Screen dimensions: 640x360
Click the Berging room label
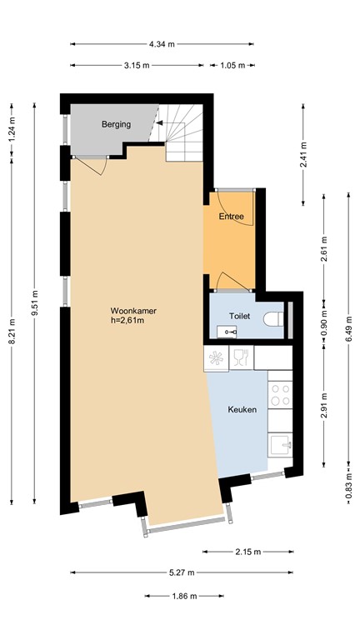pos(116,125)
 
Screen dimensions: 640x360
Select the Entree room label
pos(231,217)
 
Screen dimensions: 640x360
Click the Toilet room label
pos(241,317)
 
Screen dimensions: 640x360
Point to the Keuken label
pos(242,409)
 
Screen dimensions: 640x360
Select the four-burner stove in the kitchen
pos(279,393)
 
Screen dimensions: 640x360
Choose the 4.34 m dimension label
pos(162,43)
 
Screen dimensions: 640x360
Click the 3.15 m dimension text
pos(136,65)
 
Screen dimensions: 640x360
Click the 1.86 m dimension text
pos(184,596)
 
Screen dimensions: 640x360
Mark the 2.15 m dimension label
pos(247,552)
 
